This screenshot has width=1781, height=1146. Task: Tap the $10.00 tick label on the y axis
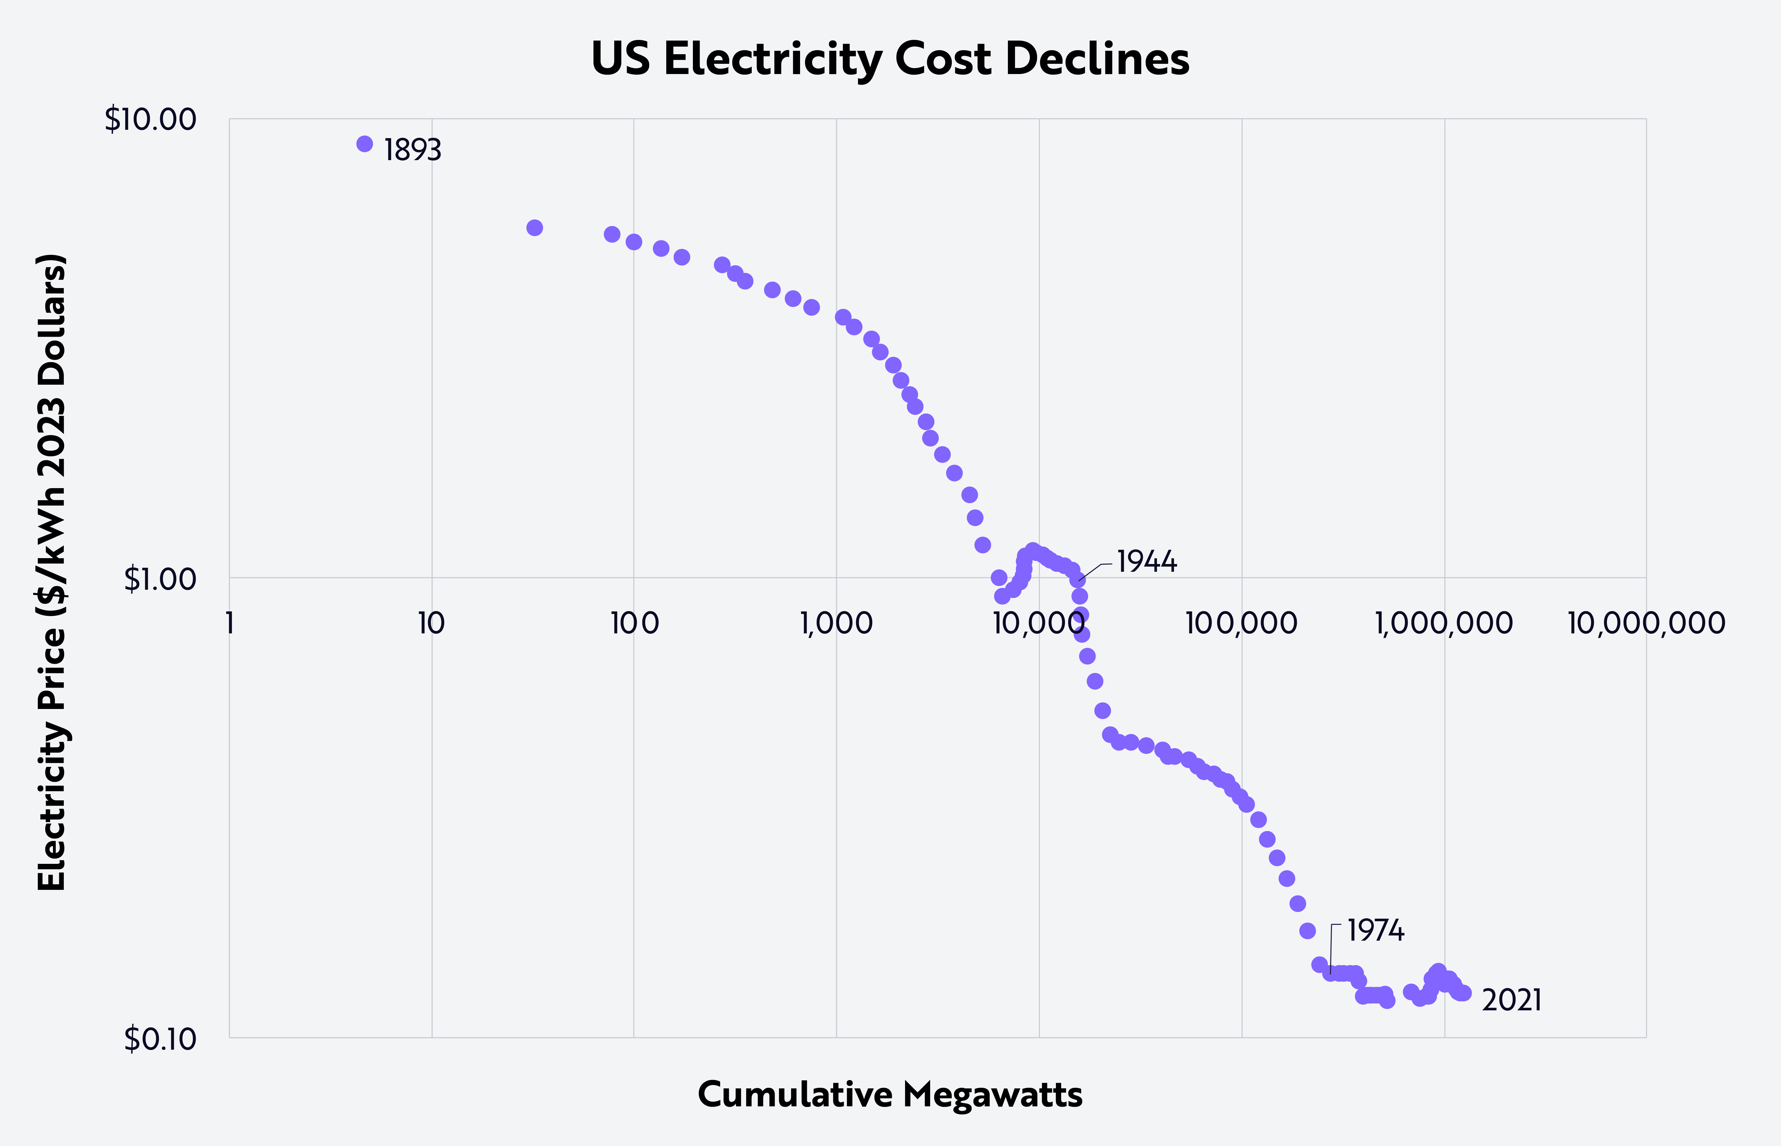click(x=150, y=120)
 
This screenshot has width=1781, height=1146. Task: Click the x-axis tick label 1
click(x=230, y=623)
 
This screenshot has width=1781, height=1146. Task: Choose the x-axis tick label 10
click(x=431, y=623)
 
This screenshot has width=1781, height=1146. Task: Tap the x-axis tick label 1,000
click(x=836, y=623)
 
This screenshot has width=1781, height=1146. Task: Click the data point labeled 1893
click(x=365, y=144)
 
